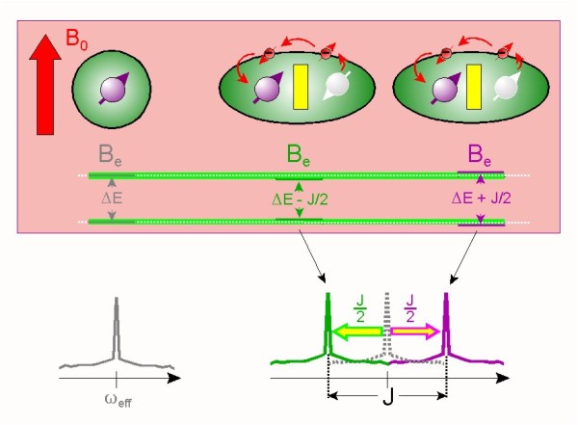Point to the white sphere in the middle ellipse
(336, 90)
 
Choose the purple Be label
(482, 154)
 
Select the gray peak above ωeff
(117, 328)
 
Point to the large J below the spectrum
(386, 396)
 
